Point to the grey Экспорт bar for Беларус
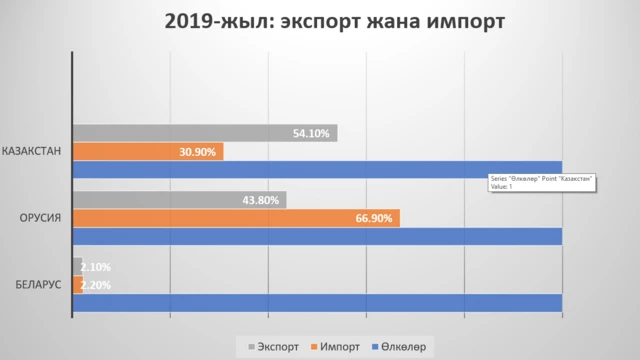[77, 266]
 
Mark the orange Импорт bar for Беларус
[77, 284]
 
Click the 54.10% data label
[311, 133]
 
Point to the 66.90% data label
[374, 218]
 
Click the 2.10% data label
[96, 267]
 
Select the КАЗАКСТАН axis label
[33, 151]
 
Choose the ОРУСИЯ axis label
[41, 218]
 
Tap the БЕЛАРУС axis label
[38, 285]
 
